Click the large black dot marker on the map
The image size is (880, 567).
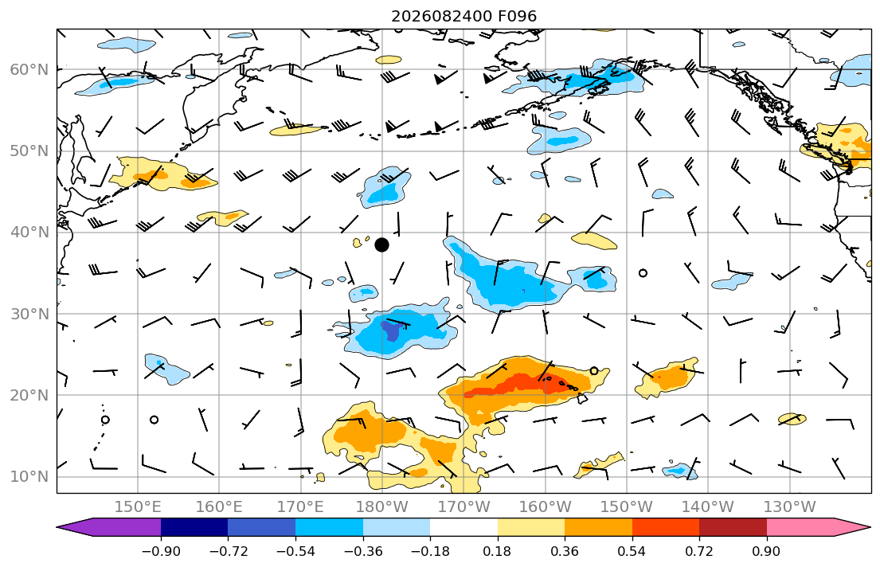coord(381,244)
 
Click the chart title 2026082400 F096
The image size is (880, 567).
coord(464,16)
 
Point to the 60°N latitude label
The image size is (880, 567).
coord(29,69)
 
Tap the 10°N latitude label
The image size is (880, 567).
coord(29,477)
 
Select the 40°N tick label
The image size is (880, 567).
coord(29,233)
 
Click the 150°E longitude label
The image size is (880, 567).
coord(138,507)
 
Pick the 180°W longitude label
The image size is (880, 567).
coord(383,507)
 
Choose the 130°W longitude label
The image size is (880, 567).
coord(790,507)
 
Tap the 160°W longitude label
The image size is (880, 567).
coord(546,507)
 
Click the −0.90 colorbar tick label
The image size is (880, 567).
coord(161,551)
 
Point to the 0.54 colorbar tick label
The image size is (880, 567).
coord(632,551)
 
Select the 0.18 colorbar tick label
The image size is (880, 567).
coord(497,551)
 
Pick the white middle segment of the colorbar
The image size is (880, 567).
coord(463,527)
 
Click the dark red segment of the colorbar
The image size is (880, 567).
coord(733,527)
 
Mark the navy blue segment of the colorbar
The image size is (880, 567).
coord(194,527)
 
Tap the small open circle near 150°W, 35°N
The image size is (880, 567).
coord(643,273)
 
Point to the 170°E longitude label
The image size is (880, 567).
coord(301,507)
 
